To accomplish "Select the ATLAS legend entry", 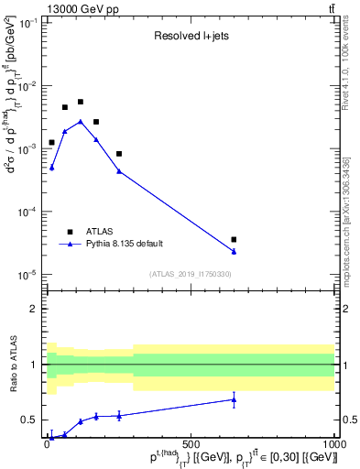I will click(x=98, y=231).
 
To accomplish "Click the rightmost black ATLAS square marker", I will click(x=235, y=240).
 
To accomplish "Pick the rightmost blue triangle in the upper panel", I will click(x=235, y=252).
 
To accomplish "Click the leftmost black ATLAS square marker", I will click(x=51, y=143).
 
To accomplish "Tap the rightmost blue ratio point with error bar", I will click(x=235, y=399).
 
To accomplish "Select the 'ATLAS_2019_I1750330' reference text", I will click(x=190, y=274).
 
